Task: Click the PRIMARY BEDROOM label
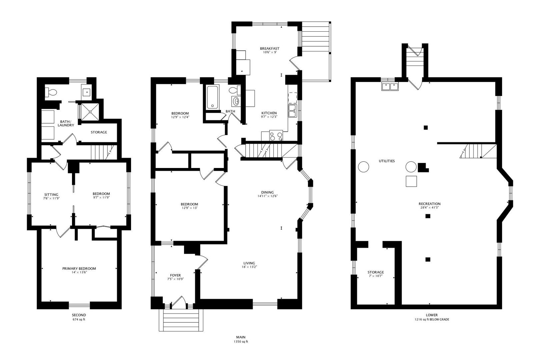(x=79, y=268)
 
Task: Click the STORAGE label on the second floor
(x=99, y=132)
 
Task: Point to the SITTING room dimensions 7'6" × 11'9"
(x=51, y=198)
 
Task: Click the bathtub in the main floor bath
(x=212, y=97)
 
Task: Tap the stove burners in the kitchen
(x=276, y=136)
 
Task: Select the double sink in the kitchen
(x=292, y=111)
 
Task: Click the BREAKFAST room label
(x=270, y=48)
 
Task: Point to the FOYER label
(x=175, y=275)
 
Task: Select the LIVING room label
(x=249, y=263)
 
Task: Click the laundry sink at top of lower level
(x=390, y=87)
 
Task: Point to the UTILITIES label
(x=387, y=161)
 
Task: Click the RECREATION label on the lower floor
(x=430, y=204)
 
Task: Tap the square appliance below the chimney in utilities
(x=411, y=181)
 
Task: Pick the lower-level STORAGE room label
(x=376, y=272)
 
